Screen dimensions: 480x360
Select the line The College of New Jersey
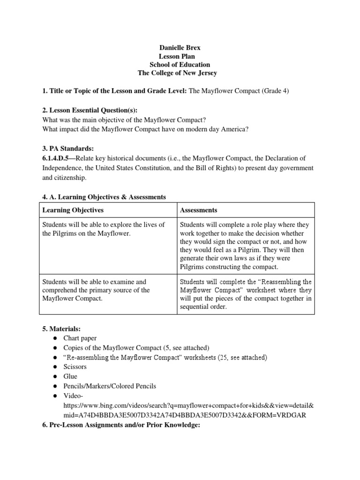click(177, 73)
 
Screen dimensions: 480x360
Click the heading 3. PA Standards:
click(68, 148)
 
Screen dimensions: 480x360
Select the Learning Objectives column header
click(73, 210)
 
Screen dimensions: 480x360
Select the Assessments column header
click(198, 210)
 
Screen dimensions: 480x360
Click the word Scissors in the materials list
click(75, 367)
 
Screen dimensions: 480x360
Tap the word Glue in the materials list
click(70, 376)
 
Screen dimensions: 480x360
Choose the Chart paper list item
click(80, 338)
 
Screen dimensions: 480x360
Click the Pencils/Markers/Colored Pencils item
click(109, 386)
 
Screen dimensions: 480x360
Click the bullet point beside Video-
click(55, 396)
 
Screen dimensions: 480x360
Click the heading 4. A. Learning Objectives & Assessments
click(104, 197)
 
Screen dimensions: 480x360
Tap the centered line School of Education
click(180, 65)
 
